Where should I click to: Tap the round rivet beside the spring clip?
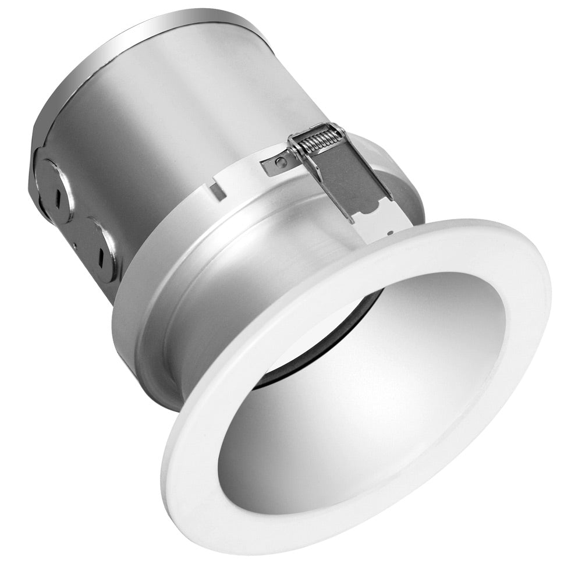point(281,161)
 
